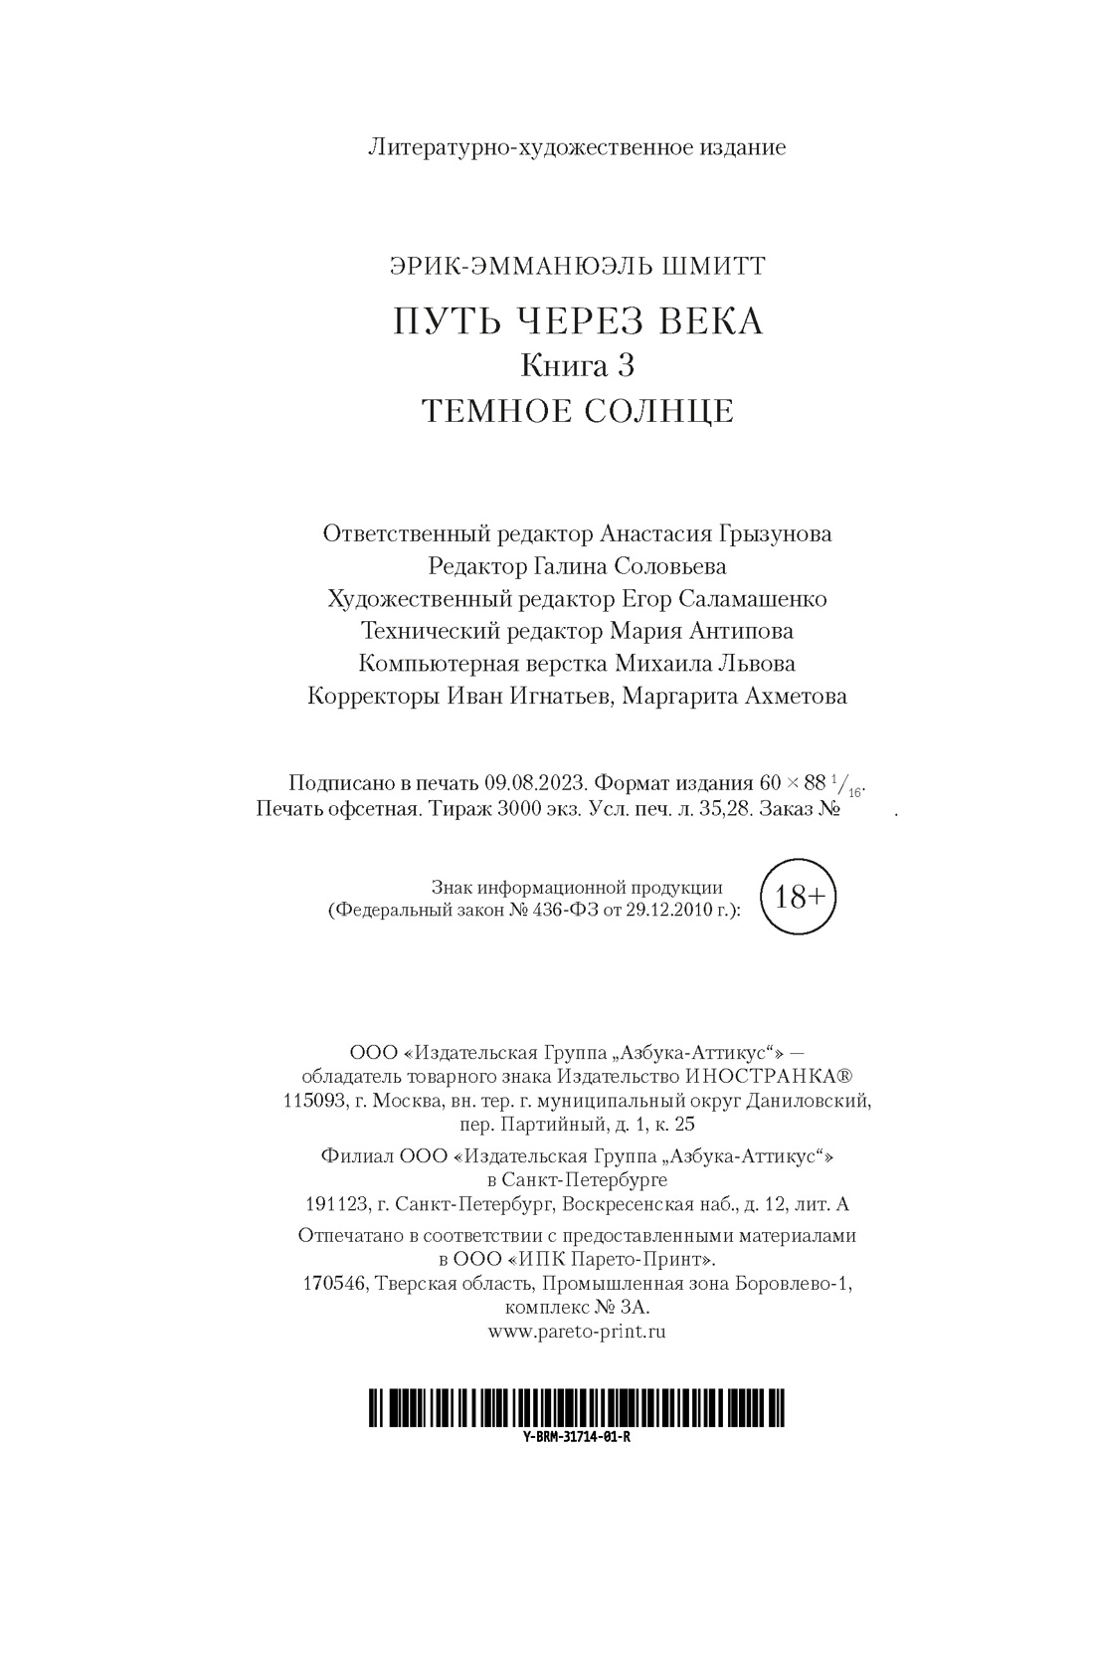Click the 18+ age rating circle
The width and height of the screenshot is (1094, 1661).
pos(799,897)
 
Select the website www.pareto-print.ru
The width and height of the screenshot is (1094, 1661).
pos(577,1331)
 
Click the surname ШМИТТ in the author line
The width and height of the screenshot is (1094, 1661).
pos(720,266)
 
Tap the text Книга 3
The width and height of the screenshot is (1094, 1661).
pos(578,366)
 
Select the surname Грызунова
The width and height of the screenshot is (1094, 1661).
pos(773,533)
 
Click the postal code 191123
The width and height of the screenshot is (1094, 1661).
pos(335,1204)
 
